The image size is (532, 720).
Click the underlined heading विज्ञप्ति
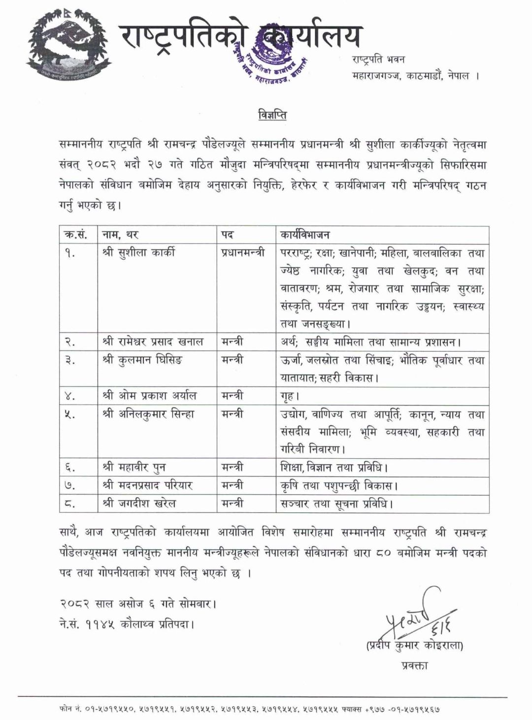coord(272,116)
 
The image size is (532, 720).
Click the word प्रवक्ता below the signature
coord(415,666)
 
